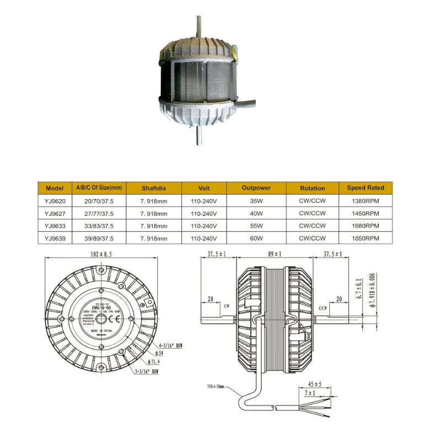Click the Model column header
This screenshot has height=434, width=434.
coord(55,188)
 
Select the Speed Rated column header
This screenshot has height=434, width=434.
coord(366,188)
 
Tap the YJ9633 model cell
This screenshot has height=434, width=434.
coord(55,226)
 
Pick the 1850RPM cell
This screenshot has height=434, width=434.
coord(366,238)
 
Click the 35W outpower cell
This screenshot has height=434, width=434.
coord(256,201)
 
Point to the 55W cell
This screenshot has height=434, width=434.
coord(256,226)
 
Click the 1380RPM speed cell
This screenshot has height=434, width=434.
coord(366,201)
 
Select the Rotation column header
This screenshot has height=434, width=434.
coord(312,188)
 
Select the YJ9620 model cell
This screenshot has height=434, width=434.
coord(55,201)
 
